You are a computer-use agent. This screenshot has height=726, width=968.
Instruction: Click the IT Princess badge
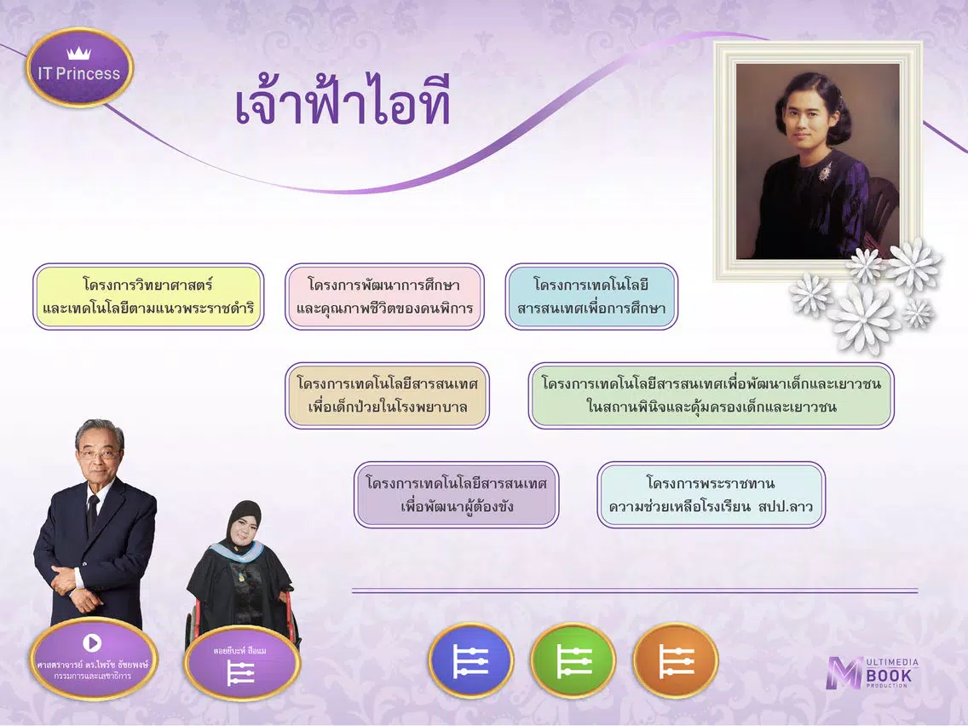79,67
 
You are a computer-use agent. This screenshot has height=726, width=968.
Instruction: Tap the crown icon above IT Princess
79,53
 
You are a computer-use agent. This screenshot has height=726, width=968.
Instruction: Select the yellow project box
148,297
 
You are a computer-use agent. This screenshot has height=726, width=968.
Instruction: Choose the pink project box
384,297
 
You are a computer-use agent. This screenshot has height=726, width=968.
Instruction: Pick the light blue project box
591,297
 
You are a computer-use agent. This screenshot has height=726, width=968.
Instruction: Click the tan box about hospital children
387,395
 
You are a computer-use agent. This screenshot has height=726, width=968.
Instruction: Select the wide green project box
712,395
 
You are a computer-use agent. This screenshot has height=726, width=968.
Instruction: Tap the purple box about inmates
456,494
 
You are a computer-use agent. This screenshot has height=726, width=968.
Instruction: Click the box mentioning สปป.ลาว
712,494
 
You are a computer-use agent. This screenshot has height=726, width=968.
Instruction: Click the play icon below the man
93,642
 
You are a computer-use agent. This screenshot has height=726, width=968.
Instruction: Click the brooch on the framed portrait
825,171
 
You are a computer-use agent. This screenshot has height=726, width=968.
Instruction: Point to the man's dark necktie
92,511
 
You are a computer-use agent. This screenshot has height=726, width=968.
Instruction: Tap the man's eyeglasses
99,454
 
